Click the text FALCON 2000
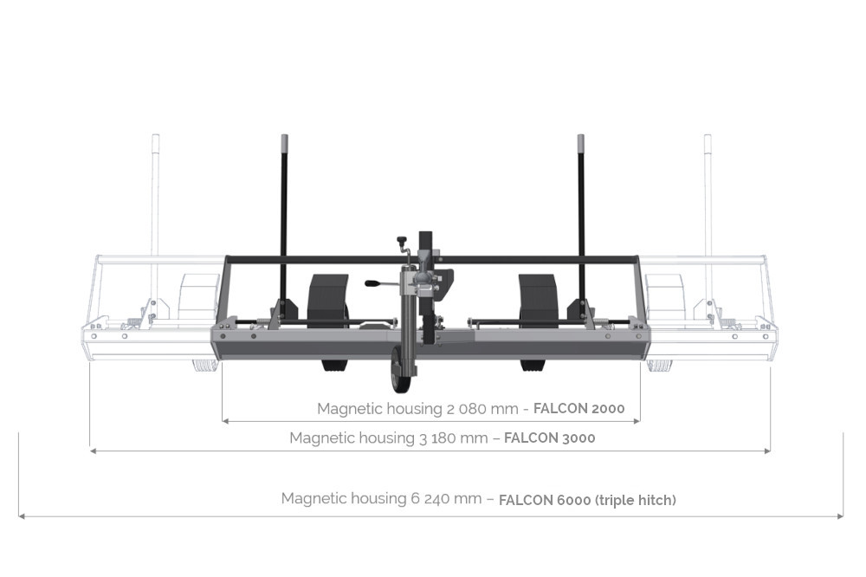578,408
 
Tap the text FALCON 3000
550,438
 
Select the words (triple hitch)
635,500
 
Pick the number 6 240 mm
446,498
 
